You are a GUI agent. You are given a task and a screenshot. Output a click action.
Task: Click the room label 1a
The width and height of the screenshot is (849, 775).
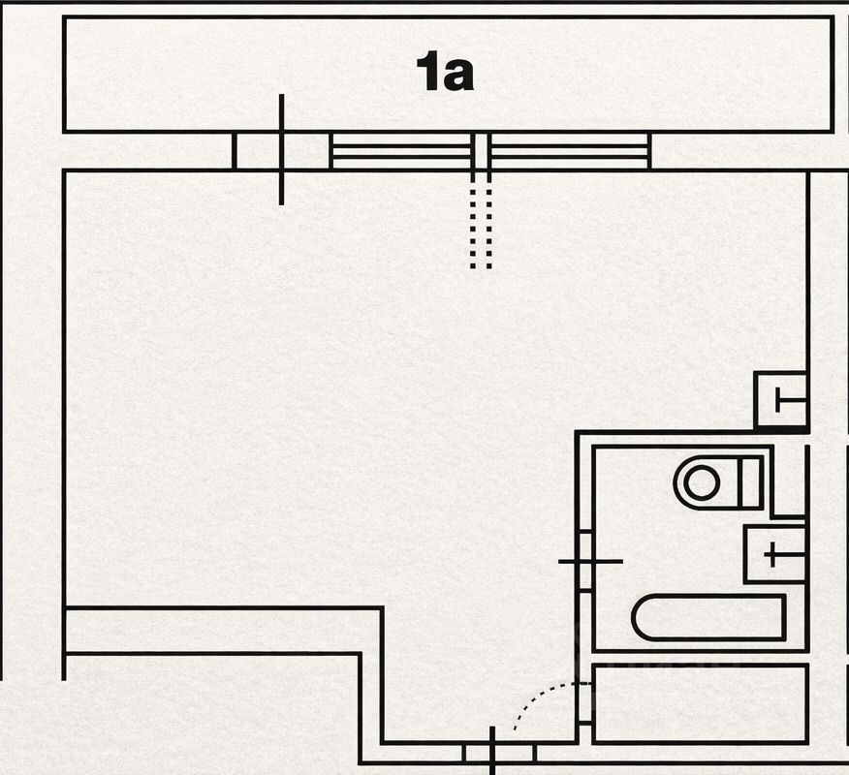pyautogui.click(x=445, y=73)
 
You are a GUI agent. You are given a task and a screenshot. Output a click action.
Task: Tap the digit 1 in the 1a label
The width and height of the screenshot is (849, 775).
pyautogui.click(x=427, y=73)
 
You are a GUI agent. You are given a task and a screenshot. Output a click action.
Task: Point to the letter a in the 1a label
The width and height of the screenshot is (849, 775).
pyautogui.click(x=457, y=76)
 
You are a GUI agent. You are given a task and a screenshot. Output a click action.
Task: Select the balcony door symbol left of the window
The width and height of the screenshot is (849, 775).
pyautogui.click(x=281, y=150)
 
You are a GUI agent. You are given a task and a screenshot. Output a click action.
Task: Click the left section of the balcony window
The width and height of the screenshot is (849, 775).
pyautogui.click(x=401, y=151)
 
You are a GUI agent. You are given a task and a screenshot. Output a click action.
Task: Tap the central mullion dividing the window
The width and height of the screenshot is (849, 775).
pyautogui.click(x=482, y=151)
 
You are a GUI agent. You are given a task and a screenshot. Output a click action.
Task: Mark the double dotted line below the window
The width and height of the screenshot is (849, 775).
pyautogui.click(x=482, y=223)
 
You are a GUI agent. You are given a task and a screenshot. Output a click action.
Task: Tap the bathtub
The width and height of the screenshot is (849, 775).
pyautogui.click(x=708, y=618)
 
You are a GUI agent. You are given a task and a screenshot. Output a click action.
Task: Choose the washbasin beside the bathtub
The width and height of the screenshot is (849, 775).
pyautogui.click(x=774, y=554)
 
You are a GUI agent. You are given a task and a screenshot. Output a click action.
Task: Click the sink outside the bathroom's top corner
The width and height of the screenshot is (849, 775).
pyautogui.click(x=781, y=399)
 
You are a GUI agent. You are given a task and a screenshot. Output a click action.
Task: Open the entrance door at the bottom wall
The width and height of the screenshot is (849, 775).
pyautogui.click(x=492, y=752)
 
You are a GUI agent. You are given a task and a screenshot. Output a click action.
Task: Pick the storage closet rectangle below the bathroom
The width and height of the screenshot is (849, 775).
pyautogui.click(x=700, y=703)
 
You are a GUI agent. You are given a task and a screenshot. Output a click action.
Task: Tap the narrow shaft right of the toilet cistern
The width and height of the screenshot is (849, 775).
pyautogui.click(x=789, y=480)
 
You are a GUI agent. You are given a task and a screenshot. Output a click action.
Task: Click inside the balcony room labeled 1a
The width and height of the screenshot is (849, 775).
pyautogui.click(x=242, y=73)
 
